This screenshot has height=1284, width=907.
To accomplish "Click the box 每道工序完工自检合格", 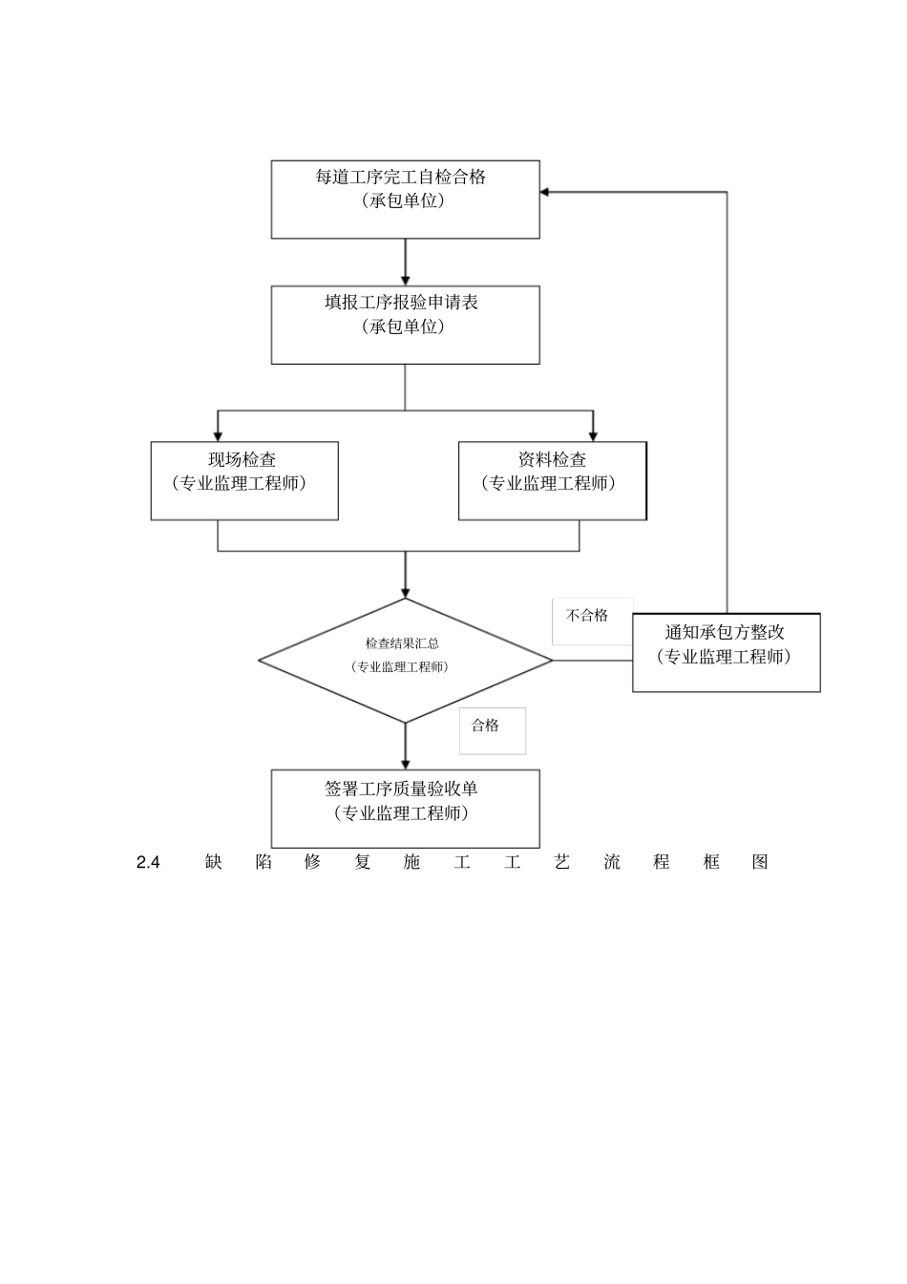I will click(405, 200).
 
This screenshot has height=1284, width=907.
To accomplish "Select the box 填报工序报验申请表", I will click(405, 325).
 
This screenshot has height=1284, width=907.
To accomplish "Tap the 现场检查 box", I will click(244, 480).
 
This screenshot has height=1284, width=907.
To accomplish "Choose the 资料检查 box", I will click(552, 480).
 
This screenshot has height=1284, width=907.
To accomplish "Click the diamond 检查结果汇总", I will click(405, 660).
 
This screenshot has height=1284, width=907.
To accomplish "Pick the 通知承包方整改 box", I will click(726, 652).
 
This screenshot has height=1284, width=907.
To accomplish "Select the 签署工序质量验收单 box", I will click(405, 809).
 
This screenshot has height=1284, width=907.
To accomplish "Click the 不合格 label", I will click(587, 616).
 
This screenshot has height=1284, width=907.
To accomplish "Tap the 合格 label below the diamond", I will click(486, 726).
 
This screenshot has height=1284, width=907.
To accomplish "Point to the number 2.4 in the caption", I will click(148, 862).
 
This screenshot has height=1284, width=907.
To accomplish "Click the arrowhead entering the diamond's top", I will click(405, 592).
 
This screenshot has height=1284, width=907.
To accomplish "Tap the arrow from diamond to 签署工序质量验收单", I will click(405, 747).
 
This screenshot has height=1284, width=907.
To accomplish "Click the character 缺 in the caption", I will click(213, 862).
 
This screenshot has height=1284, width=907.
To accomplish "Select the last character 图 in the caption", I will click(760, 862).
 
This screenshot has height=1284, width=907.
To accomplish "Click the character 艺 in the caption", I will click(561, 862).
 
